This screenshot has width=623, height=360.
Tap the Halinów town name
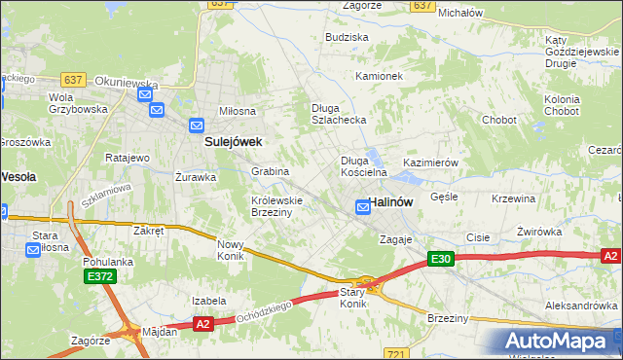[393, 201]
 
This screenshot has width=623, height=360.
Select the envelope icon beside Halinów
[363, 206]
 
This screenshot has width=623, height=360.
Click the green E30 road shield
[441, 258]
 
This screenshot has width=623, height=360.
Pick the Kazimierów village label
[429, 162]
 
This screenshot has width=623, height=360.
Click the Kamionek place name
[379, 76]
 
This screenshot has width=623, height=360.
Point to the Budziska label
[348, 37]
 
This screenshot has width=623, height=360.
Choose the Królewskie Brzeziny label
[277, 205]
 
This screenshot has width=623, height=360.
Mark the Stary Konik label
[352, 298]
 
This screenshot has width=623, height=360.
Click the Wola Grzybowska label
[77, 103]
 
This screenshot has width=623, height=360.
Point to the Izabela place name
[209, 301]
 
